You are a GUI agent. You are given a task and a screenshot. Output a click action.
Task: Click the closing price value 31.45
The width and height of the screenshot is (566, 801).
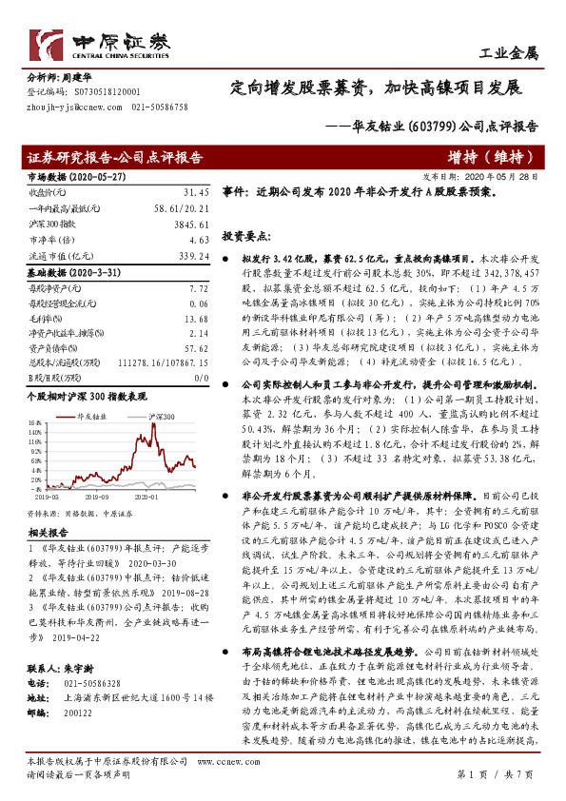(x=194, y=192)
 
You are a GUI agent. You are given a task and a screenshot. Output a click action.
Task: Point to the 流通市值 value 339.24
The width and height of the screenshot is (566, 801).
(x=191, y=257)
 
